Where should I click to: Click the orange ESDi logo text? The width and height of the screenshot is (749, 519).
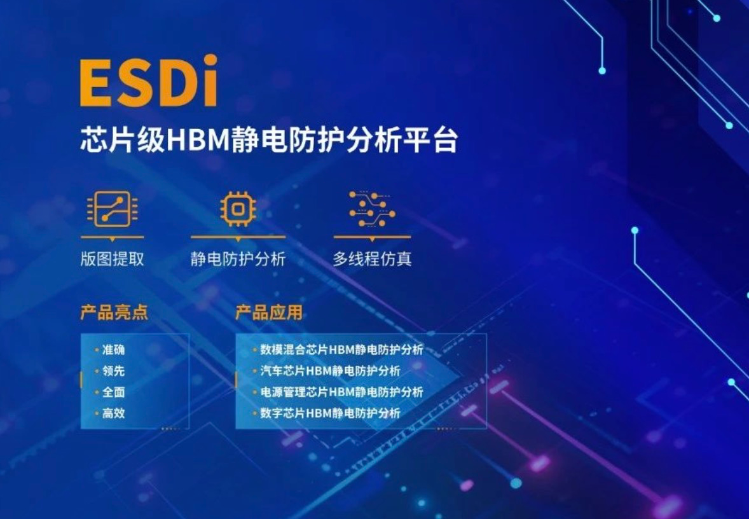coord(149,81)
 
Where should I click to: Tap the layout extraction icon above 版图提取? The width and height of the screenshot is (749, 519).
coord(113,209)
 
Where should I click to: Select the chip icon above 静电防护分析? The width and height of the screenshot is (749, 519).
coord(238,209)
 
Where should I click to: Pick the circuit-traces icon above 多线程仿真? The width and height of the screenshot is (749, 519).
coord(372,209)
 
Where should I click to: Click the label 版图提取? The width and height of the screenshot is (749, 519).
coord(113,259)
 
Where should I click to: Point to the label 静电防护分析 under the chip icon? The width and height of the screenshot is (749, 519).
coord(238,259)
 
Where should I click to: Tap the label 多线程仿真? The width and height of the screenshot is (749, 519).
coord(372,259)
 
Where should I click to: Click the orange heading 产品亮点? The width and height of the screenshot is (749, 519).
coord(114,312)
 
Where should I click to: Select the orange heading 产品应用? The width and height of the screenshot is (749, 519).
coord(269,312)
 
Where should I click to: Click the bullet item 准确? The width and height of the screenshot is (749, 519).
coord(114,350)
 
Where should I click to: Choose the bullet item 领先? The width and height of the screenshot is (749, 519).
coord(114,371)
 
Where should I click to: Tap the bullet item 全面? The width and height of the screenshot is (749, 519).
coord(114,392)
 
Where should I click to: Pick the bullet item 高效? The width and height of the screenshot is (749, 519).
coord(114,413)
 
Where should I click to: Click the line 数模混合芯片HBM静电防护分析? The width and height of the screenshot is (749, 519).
coord(341,350)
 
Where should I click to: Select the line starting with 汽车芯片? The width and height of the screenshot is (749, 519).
coord(330,371)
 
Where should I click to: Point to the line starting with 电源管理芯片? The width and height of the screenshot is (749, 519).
coord(341,392)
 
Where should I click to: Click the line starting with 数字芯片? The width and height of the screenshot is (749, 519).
coord(330,413)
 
